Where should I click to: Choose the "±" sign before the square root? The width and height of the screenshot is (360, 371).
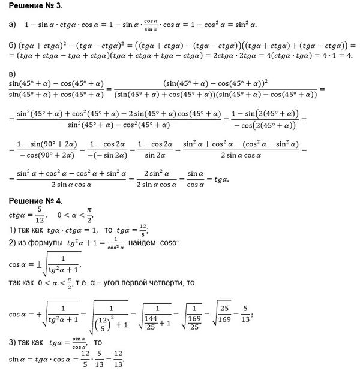click(x=40, y=261)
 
